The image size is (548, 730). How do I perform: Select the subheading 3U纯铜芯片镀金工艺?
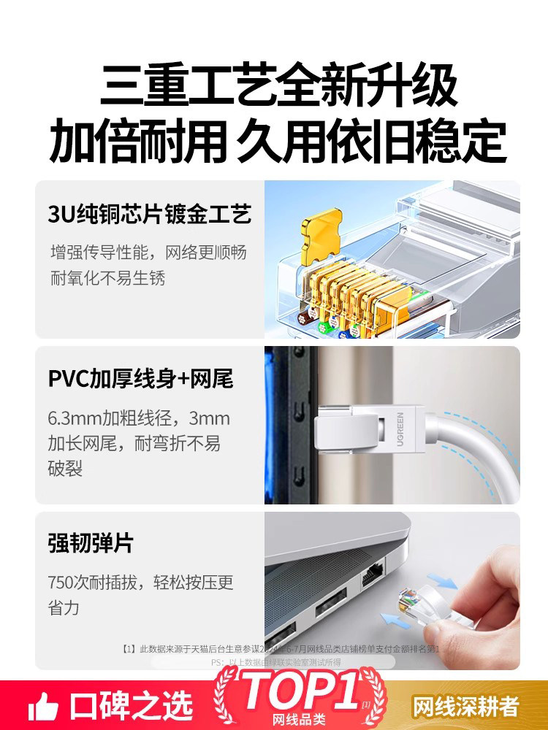point(150,214)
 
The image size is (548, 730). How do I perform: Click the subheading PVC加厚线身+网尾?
point(140,380)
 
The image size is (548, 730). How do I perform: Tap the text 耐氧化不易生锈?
point(107,278)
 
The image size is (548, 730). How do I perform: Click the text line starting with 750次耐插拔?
point(141,583)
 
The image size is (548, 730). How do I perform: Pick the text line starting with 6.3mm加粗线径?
point(139,419)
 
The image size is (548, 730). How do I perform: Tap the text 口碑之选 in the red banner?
point(132,707)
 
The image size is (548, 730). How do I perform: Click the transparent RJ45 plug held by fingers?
point(424,606)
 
